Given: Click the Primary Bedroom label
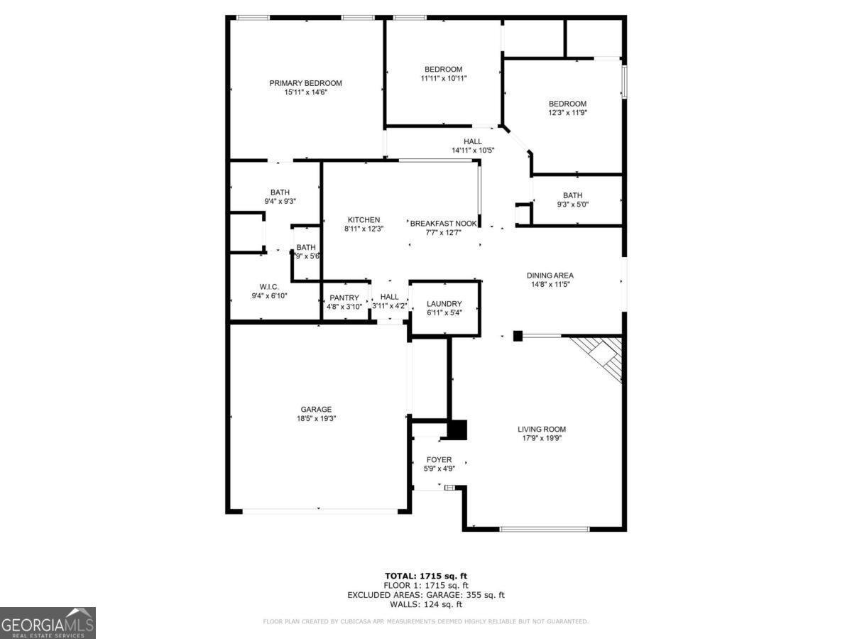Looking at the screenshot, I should (x=305, y=83).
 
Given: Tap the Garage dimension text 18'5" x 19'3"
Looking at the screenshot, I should (x=316, y=419).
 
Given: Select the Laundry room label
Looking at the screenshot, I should (x=444, y=304).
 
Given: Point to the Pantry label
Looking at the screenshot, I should (x=344, y=297).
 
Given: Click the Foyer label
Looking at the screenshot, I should (x=439, y=460).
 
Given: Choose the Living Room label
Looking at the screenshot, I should (x=541, y=429).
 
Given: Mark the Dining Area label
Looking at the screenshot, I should (x=550, y=275).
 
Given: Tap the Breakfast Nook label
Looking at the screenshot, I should (x=443, y=223).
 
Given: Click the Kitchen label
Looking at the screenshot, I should (x=364, y=220).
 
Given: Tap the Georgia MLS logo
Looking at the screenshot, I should (x=48, y=623).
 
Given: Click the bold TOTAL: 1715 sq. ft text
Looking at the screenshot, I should (x=425, y=576).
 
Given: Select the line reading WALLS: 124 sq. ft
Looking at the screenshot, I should (x=425, y=605).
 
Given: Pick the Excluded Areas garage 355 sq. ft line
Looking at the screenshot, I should (x=425, y=595).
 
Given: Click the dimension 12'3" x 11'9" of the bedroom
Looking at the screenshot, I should (x=567, y=113).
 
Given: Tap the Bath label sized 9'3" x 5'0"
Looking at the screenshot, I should (x=572, y=196).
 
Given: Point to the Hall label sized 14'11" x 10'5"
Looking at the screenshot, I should (x=473, y=142).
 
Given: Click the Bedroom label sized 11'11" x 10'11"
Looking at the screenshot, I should (x=443, y=69).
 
